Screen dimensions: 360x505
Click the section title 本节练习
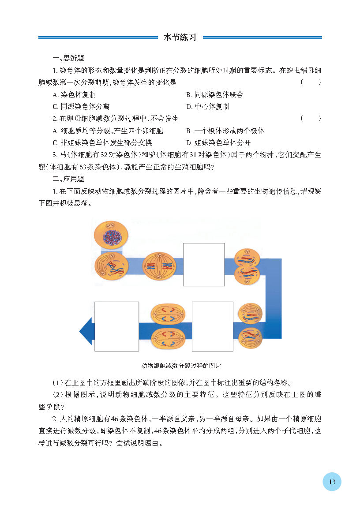click(180, 37)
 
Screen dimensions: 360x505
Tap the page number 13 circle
click(332, 482)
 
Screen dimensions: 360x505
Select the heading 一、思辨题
click(68, 58)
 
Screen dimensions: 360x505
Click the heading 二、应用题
click(68, 179)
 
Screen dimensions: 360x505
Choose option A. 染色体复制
click(74, 95)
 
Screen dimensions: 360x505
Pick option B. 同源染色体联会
click(215, 95)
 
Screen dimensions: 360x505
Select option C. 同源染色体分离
click(81, 107)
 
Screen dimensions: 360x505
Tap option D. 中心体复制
click(208, 107)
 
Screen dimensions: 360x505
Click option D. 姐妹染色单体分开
click(218, 142)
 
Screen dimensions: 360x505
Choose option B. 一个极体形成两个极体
click(225, 131)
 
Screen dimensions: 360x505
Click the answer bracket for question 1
click(311, 82)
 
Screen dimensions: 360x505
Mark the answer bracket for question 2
click(311, 119)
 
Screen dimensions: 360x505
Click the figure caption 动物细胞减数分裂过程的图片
click(181, 366)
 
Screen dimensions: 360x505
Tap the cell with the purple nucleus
click(111, 236)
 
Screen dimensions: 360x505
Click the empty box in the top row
click(204, 265)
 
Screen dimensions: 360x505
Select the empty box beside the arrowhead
click(116, 326)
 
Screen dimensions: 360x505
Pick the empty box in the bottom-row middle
click(212, 326)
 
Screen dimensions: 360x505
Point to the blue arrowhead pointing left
click(86, 331)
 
